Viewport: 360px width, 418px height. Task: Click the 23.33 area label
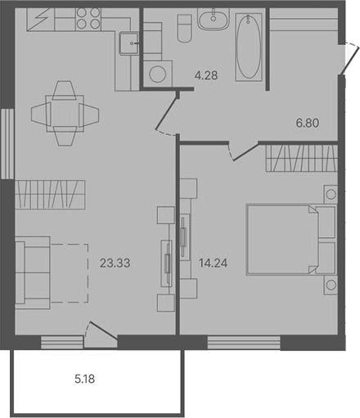(115, 263)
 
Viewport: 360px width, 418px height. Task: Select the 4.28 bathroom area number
(205, 78)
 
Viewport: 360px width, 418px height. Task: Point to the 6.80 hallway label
(307, 124)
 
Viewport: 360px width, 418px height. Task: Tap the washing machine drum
(157, 74)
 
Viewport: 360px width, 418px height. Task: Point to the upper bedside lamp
(330, 194)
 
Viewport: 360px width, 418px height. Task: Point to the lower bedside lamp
(330, 285)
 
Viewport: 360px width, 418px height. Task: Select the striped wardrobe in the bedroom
(299, 155)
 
